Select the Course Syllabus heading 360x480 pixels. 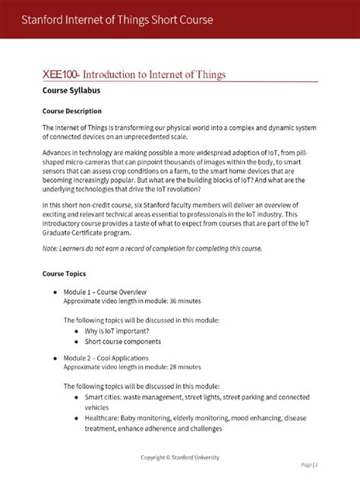tap(71, 91)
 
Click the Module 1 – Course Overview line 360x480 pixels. tap(105, 292)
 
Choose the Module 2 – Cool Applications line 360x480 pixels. tap(106, 357)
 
